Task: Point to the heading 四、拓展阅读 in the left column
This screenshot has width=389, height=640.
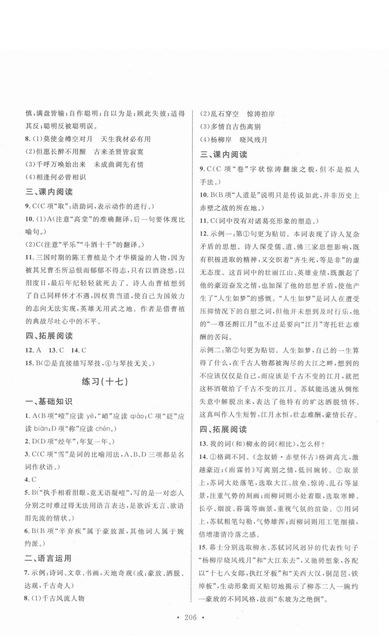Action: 49,336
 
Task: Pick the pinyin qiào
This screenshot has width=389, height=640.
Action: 138,416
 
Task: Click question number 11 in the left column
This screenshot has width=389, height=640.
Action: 30,258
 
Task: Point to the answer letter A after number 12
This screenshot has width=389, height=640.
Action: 39,350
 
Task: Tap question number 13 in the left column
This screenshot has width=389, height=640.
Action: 53,350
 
